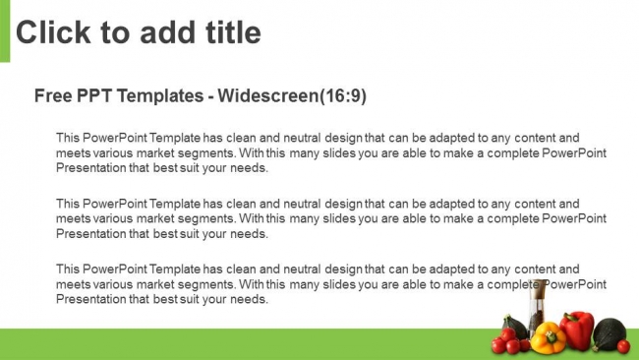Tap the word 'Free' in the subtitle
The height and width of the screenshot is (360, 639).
pos(52,95)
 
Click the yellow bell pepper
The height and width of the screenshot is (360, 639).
pos(548,338)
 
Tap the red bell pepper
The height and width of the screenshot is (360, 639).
pos(577,330)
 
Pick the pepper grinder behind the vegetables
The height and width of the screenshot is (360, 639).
pos(538,310)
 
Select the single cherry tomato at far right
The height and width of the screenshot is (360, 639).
pos(622,346)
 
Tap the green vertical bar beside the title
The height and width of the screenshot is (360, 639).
pos(5,30)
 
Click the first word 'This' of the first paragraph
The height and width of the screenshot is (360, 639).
pos(68,138)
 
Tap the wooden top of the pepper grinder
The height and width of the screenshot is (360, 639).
pos(538,287)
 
